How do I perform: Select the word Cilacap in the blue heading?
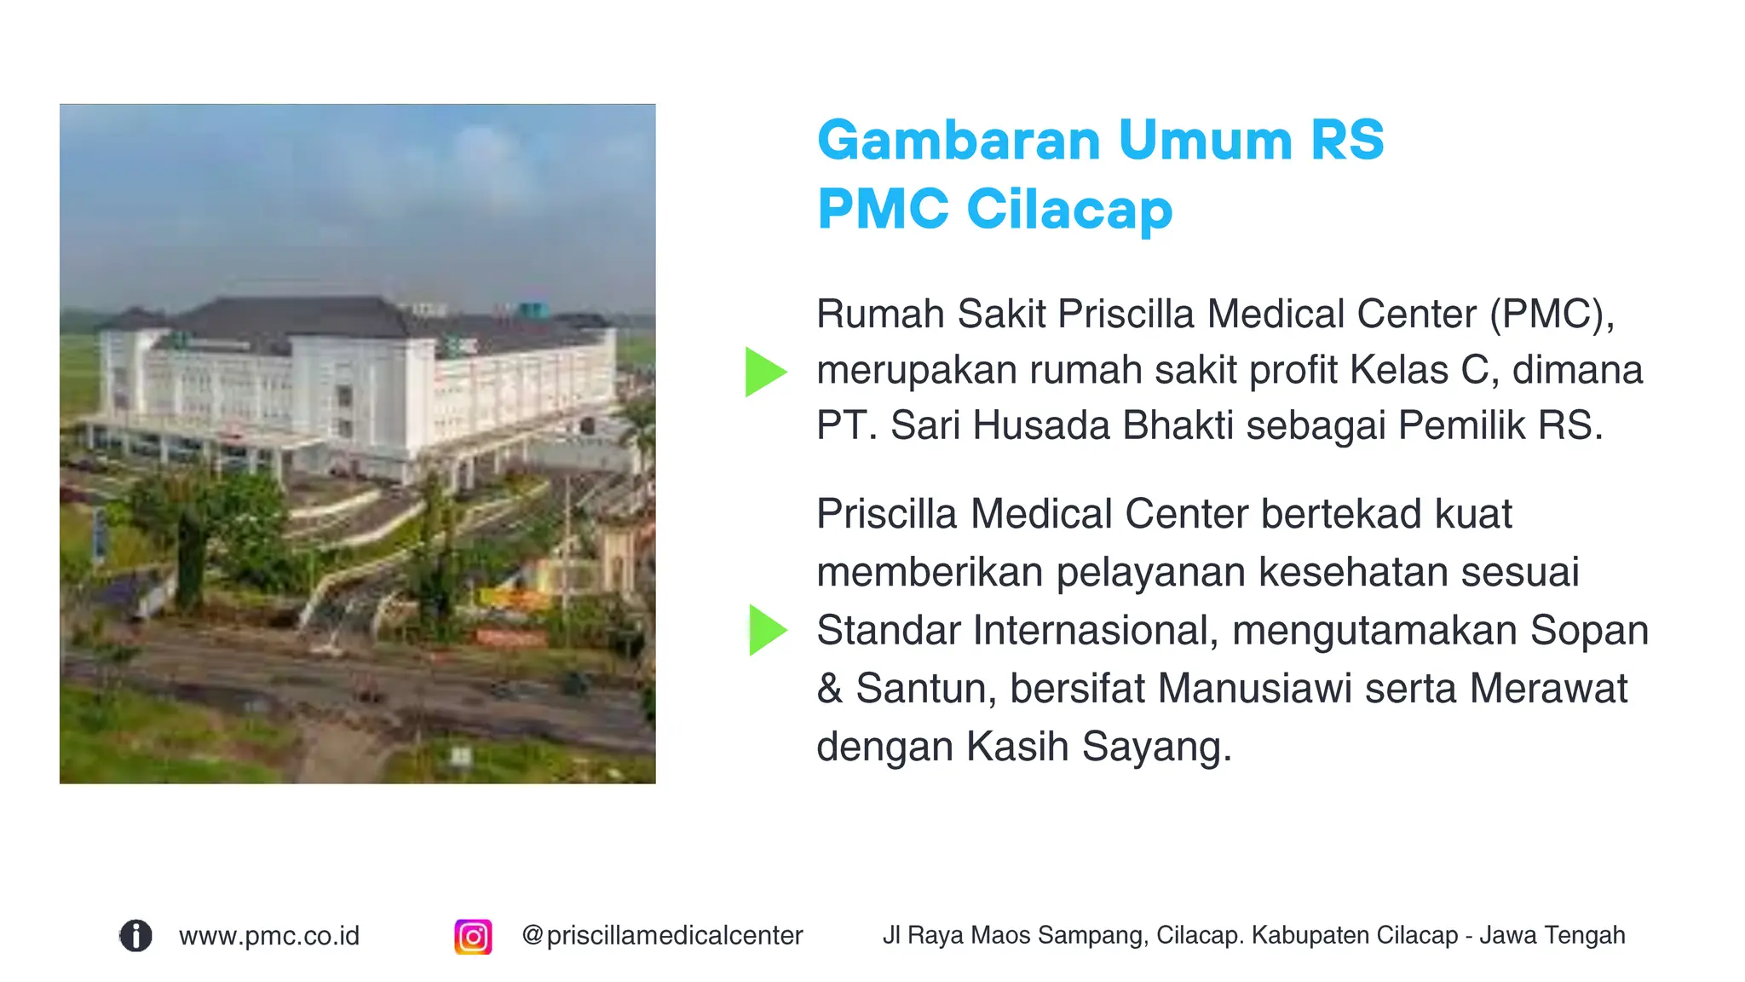click(x=1069, y=210)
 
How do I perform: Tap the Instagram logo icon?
click(x=473, y=937)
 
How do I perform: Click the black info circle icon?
click(x=135, y=936)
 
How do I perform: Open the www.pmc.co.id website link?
click(x=269, y=936)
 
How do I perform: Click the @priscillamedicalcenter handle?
click(x=662, y=936)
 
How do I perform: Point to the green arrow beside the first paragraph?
click(x=764, y=372)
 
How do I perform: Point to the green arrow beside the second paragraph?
click(x=767, y=630)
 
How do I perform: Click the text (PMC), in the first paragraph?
click(x=1552, y=315)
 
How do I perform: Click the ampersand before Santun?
click(x=829, y=689)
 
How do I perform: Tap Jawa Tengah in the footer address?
click(x=1552, y=936)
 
